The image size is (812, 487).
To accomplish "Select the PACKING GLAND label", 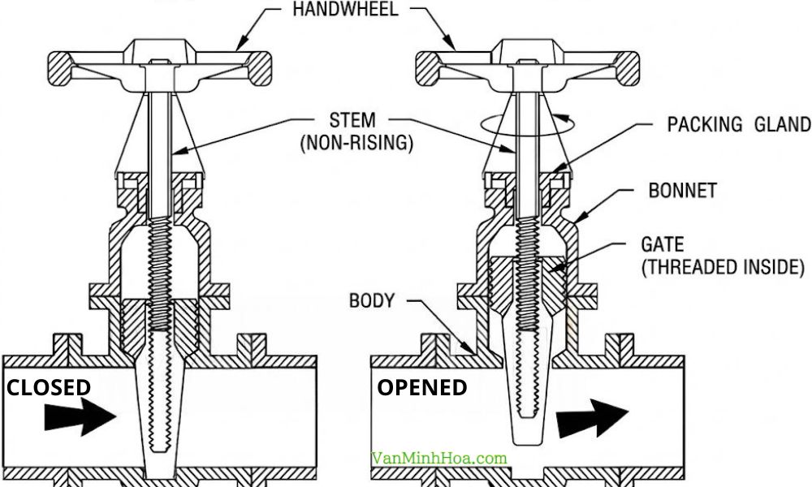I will click(738, 124).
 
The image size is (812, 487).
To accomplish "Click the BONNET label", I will click(683, 191).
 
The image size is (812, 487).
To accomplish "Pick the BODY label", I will click(371, 301).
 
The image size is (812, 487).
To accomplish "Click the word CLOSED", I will click(49, 388).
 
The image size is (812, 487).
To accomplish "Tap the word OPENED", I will click(421, 388).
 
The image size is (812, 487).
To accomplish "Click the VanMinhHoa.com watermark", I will click(438, 459).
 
